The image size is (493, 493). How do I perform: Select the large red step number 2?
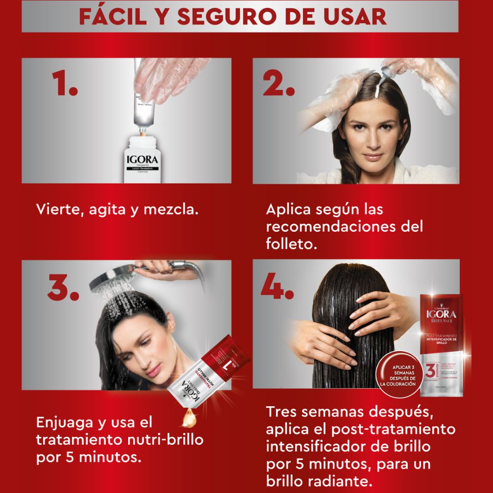point(279,85)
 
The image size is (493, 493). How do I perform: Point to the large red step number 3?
point(63,289)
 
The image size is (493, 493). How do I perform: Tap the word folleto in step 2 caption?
point(291,244)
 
